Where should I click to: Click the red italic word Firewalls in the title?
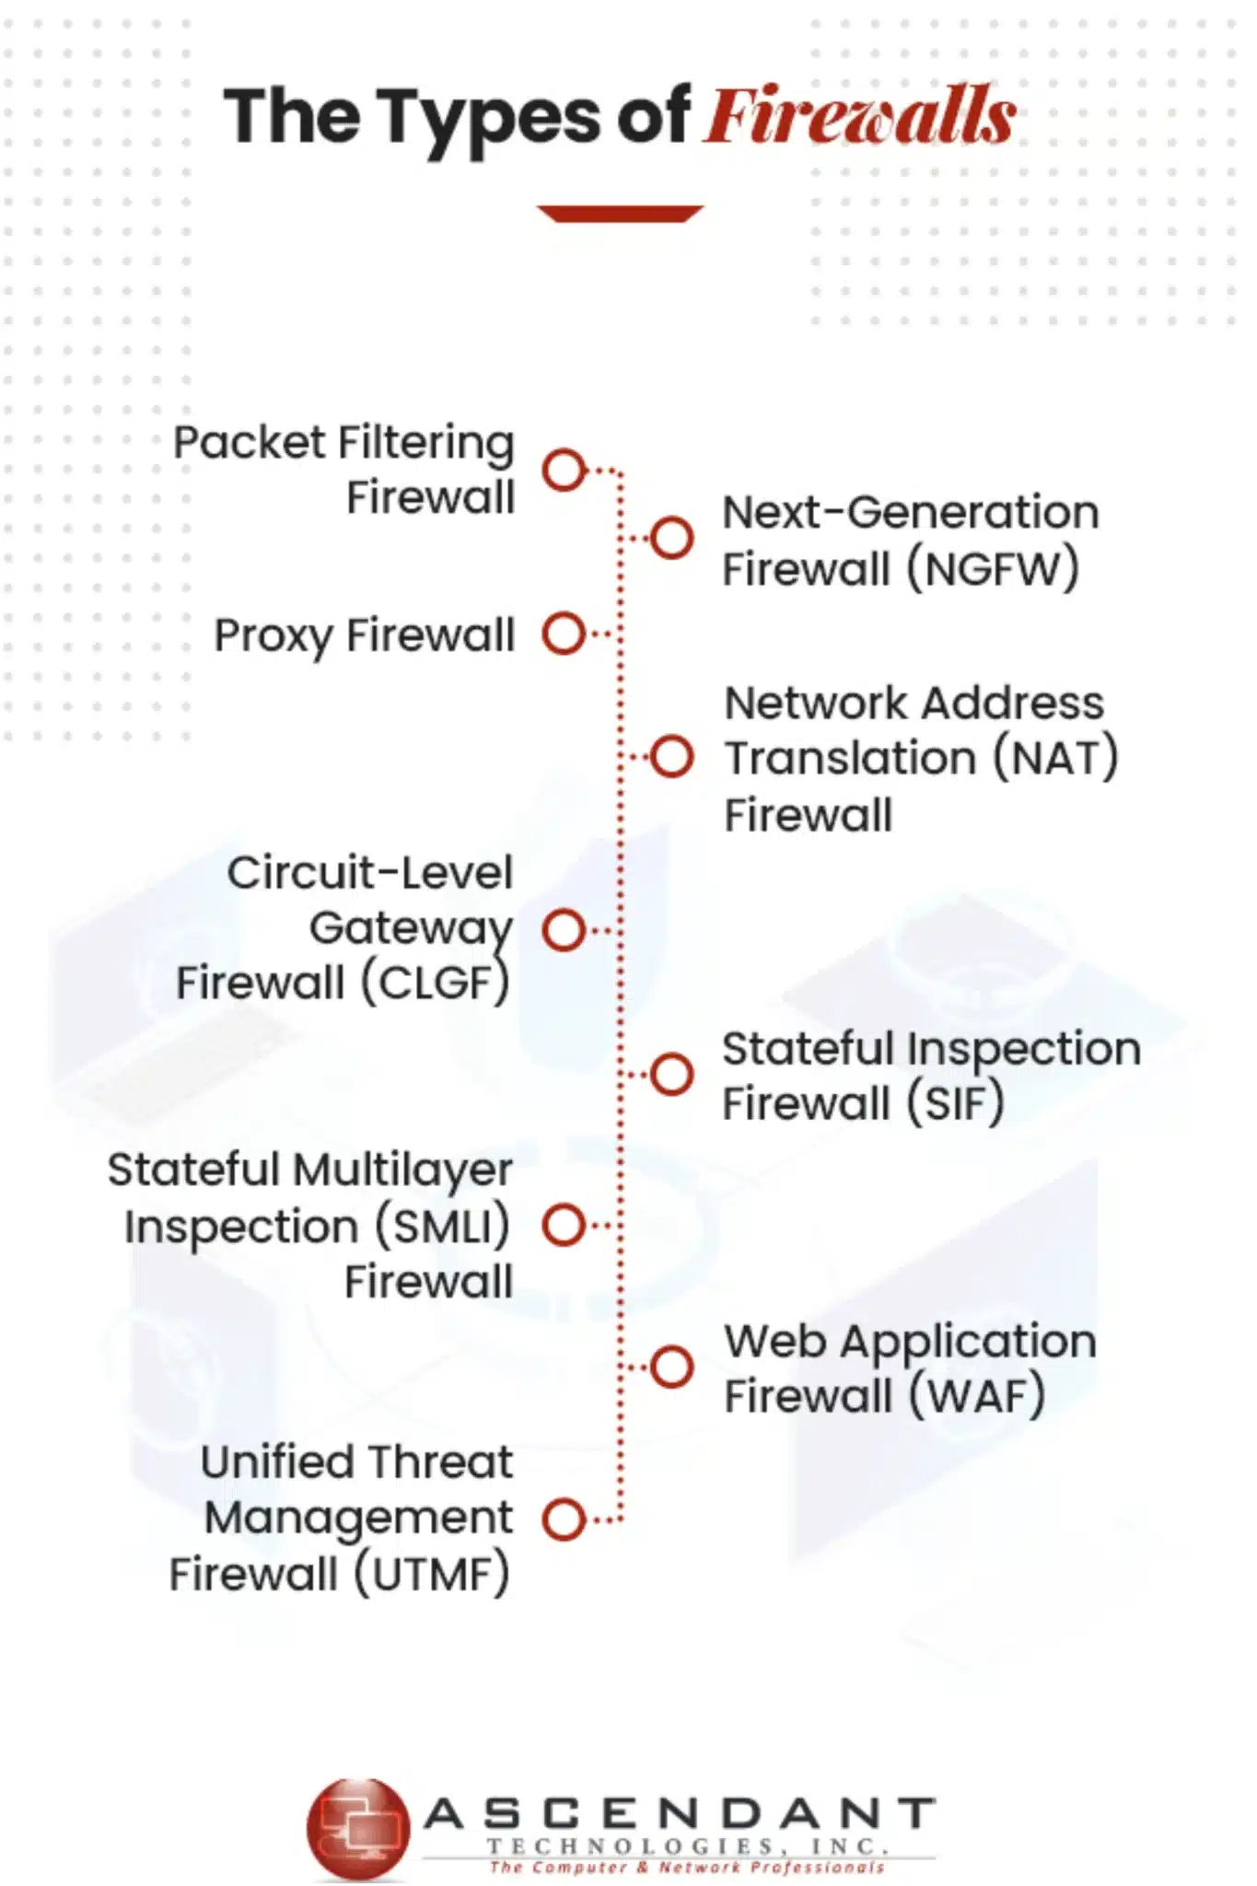coord(860,116)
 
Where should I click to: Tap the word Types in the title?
coord(489,120)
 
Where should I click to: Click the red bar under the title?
coord(620,214)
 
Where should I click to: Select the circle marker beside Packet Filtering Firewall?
coord(564,470)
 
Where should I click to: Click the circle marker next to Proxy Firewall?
coord(564,634)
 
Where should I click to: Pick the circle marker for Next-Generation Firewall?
coord(671,538)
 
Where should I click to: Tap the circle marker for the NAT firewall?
coord(671,757)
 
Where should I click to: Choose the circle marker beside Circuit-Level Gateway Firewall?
coord(564,930)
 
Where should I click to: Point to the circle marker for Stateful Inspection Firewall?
coord(671,1074)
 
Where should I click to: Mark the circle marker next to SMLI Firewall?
coord(564,1226)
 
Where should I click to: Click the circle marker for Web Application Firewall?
coord(671,1367)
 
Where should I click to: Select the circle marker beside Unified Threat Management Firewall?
coord(564,1519)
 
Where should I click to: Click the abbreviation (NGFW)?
coord(993,569)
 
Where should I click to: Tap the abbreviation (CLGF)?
coord(435,984)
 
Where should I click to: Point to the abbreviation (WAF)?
coord(977,1396)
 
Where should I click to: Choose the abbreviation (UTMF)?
coord(431,1574)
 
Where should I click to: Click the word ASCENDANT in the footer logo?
coord(680,1814)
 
